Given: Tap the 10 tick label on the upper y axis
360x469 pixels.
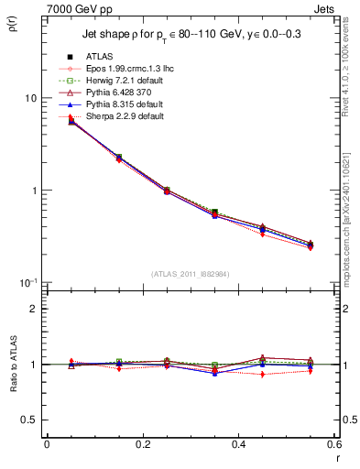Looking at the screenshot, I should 30,98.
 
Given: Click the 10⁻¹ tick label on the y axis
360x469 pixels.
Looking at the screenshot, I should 27,282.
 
